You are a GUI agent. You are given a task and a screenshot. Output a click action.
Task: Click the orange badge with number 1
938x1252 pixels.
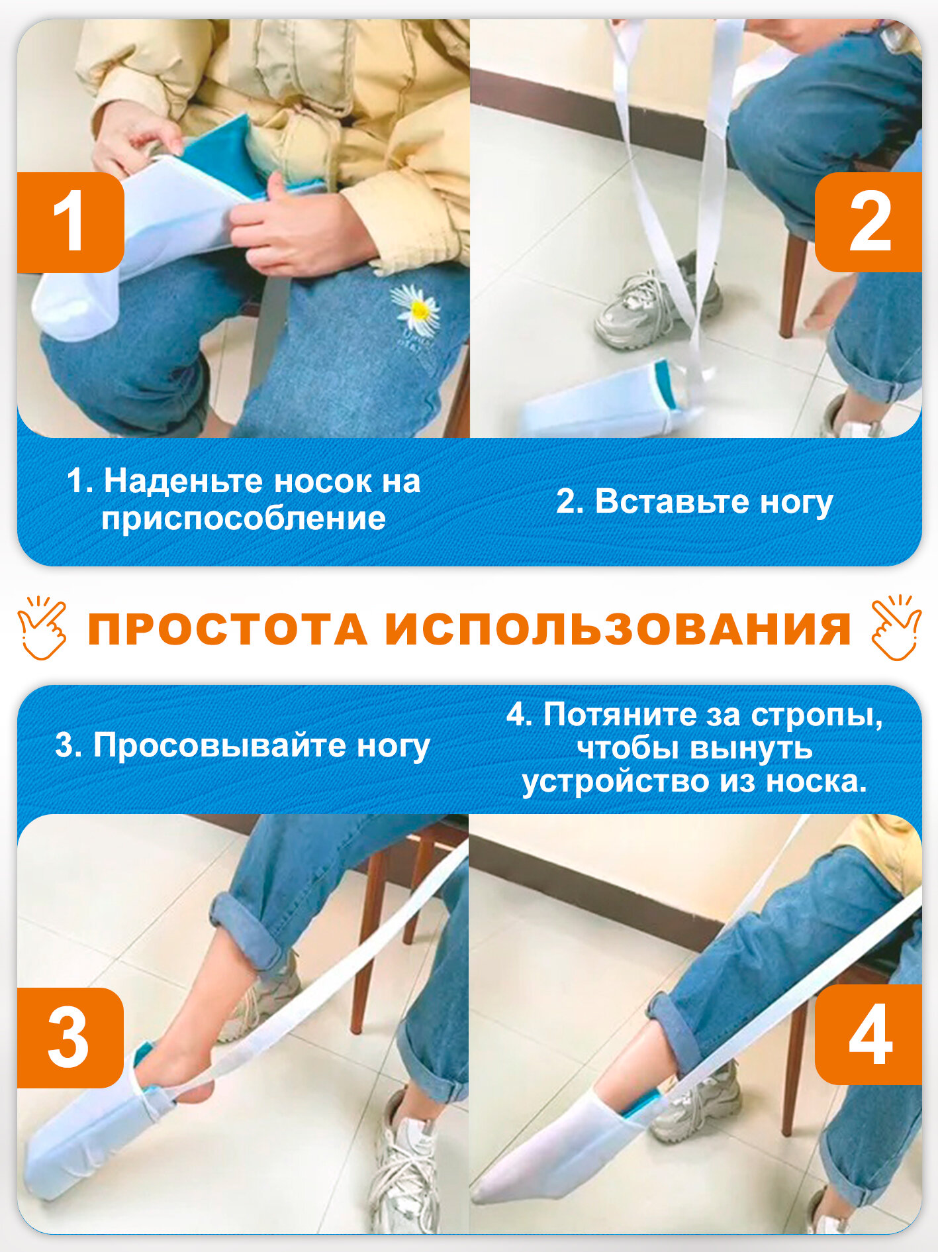70,223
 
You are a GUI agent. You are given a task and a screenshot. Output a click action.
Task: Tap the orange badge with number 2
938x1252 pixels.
868,222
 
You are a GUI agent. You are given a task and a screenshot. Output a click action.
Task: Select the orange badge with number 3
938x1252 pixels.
70,1037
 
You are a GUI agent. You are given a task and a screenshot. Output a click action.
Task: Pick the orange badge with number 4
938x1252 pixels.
868,1034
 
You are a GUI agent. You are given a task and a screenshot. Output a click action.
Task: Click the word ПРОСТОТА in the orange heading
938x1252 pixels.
227,629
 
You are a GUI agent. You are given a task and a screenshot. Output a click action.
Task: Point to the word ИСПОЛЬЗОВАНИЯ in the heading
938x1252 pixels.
618,629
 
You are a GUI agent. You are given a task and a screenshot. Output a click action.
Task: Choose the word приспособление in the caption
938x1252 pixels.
243,518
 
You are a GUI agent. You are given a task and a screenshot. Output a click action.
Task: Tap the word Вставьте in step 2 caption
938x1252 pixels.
672,501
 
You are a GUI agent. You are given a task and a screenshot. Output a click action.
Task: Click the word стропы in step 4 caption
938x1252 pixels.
816,715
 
